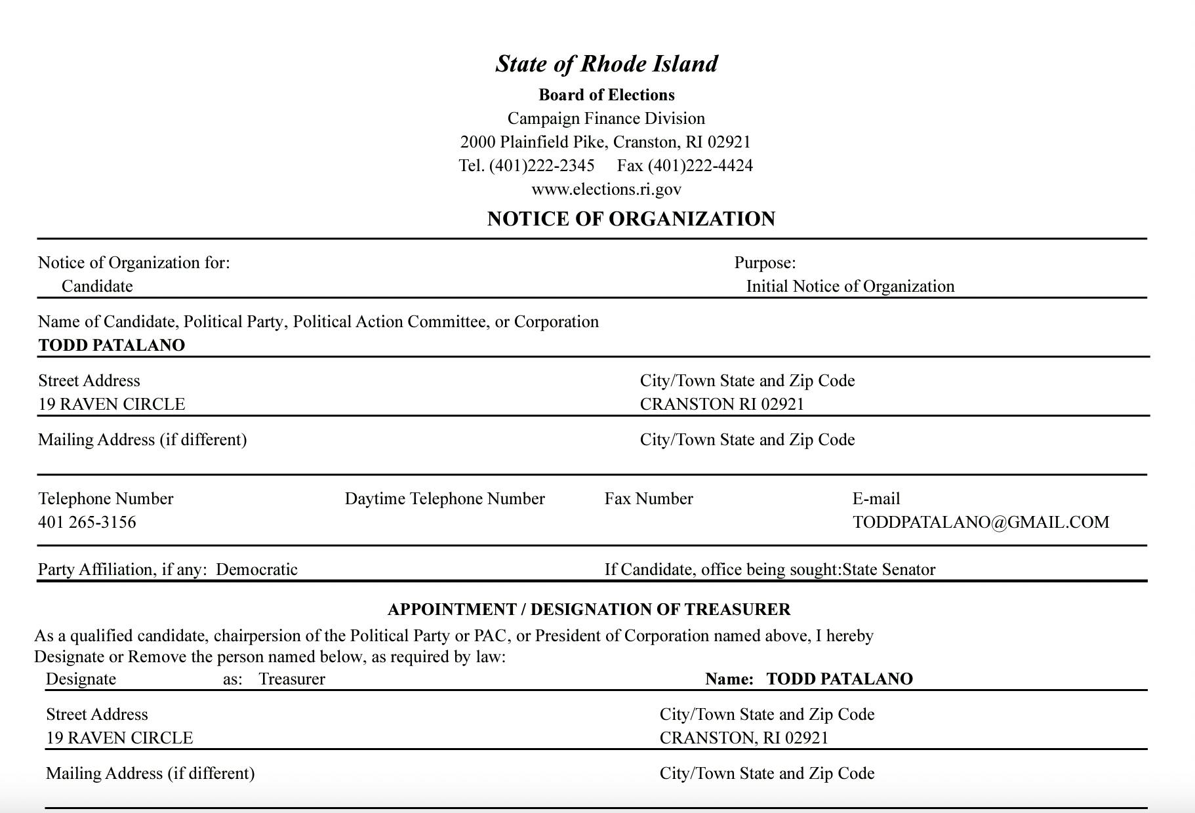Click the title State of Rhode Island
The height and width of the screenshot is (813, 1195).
pyautogui.click(x=606, y=64)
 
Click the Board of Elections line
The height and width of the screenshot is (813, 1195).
pyautogui.click(x=606, y=95)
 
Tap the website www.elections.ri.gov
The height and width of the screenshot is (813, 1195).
pyautogui.click(x=606, y=189)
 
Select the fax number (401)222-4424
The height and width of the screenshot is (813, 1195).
pyautogui.click(x=700, y=166)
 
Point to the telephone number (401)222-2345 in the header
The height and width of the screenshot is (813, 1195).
pyautogui.click(x=542, y=166)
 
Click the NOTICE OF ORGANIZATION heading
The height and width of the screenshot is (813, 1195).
pyautogui.click(x=631, y=219)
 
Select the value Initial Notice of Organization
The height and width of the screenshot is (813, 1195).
pyautogui.click(x=850, y=287)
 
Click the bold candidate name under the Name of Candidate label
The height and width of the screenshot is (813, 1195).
pyautogui.click(x=111, y=346)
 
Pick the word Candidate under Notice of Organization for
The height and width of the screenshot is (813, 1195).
pyautogui.click(x=97, y=287)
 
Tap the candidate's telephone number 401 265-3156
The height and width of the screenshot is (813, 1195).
pyautogui.click(x=87, y=523)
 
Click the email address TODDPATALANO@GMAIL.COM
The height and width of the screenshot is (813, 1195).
pyautogui.click(x=981, y=523)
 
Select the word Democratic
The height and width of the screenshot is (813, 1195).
pyautogui.click(x=256, y=570)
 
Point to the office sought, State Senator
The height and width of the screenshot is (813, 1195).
pyautogui.click(x=889, y=570)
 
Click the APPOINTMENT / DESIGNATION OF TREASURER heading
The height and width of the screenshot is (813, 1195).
pyautogui.click(x=589, y=610)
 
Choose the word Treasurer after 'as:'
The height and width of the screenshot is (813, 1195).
pyautogui.click(x=292, y=679)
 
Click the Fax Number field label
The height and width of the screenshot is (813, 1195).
pyautogui.click(x=649, y=499)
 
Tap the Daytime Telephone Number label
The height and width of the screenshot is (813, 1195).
pyautogui.click(x=445, y=499)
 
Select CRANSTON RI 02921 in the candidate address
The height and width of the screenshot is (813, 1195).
pyautogui.click(x=721, y=405)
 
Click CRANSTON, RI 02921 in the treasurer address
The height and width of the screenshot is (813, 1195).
pyautogui.click(x=744, y=738)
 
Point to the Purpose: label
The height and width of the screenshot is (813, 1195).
pyautogui.click(x=765, y=263)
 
